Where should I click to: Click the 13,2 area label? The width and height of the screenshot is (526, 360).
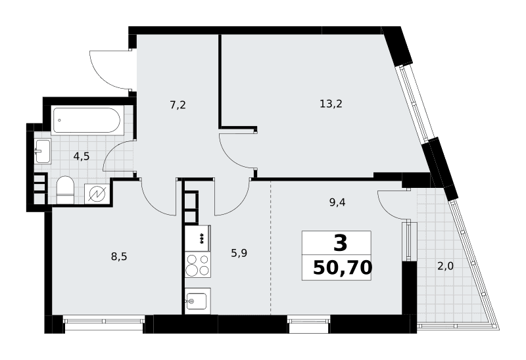coord(331,104)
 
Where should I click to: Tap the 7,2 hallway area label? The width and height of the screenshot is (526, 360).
coord(178,105)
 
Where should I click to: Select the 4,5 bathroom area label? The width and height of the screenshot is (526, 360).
coord(82,156)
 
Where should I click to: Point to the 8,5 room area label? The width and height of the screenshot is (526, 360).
coord(119,257)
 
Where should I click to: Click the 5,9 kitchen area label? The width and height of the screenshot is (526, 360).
coord(239,253)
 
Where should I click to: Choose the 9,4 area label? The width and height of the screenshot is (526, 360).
coord(337,202)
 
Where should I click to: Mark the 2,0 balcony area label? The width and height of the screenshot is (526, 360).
coord(445,267)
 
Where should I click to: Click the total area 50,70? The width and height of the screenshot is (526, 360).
coord(343,268)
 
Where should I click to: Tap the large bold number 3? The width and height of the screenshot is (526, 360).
coord(340,243)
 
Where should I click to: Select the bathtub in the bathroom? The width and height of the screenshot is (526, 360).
coord(86,120)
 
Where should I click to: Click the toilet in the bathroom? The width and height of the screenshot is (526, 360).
coord(65,190)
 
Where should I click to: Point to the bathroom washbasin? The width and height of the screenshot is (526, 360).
coord(43,151)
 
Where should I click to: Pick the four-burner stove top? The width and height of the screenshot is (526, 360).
coord(198,265)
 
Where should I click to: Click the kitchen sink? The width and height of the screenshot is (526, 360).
coord(198,301)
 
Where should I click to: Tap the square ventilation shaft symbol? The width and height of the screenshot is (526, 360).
coord(97,194)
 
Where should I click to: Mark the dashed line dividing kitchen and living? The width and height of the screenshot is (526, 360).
coord(271,248)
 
